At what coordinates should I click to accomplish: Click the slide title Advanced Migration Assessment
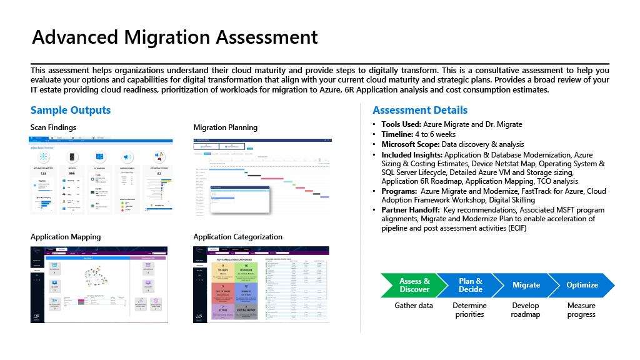175,37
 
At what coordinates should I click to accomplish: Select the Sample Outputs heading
71,110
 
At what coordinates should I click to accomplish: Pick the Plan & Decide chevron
470,285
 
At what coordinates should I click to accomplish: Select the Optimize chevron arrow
582,285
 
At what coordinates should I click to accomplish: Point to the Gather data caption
414,306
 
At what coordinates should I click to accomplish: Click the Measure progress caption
581,310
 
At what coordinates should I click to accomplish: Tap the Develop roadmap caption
526,310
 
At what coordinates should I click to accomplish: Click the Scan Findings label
53,127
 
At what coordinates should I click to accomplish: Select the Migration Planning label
225,127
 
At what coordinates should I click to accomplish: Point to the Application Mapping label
66,237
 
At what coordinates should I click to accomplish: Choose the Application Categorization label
237,237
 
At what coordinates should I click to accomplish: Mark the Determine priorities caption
470,310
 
